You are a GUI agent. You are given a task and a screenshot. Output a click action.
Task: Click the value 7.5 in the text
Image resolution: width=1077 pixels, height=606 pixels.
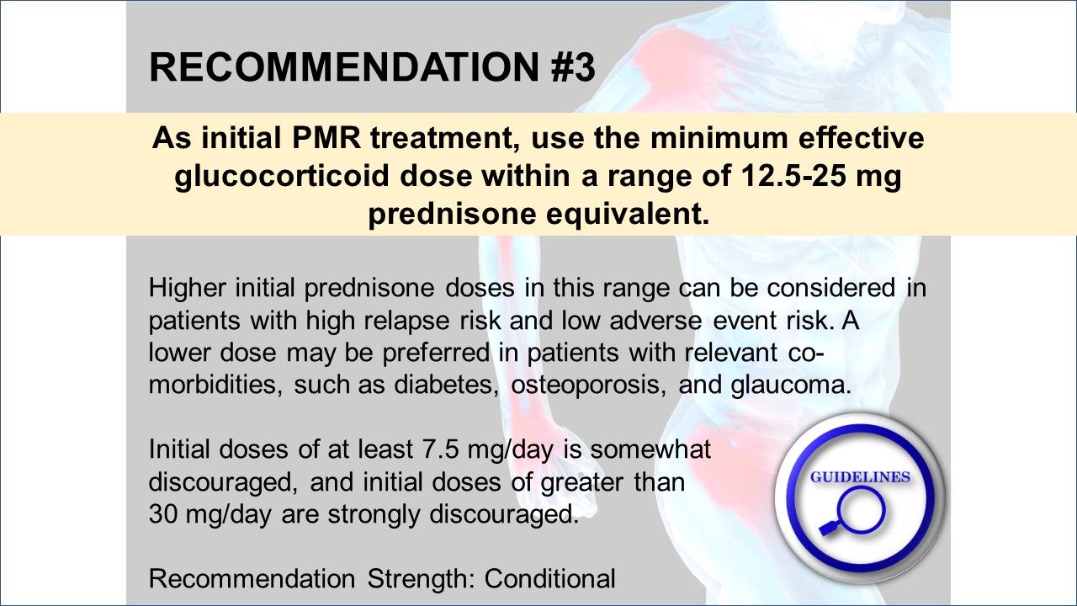(x=436, y=449)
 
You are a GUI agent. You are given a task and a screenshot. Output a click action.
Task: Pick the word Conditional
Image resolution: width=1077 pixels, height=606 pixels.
(x=550, y=578)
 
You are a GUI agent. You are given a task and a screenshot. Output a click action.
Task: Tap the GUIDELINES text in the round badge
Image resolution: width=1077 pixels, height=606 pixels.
(x=859, y=477)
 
